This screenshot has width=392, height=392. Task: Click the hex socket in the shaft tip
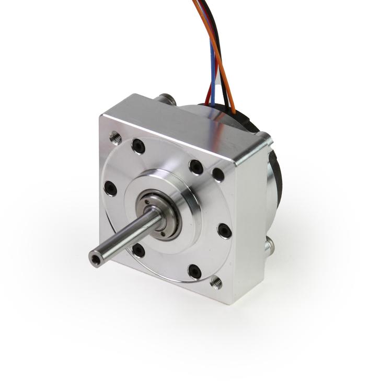pyautogui.click(x=95, y=258)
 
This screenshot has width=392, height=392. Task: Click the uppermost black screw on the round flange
pyautogui.click(x=138, y=146)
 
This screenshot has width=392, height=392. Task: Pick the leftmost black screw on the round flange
pyautogui.click(x=110, y=188)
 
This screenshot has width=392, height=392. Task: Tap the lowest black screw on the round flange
pyautogui.click(x=194, y=271)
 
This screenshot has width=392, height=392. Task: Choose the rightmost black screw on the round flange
pyautogui.click(x=224, y=230)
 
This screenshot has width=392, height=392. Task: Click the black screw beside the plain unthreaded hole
pyautogui.click(x=196, y=167)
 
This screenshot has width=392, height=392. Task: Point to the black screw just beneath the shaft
pyautogui.click(x=139, y=250)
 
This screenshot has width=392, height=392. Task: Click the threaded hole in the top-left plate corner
pyautogui.click(x=116, y=137)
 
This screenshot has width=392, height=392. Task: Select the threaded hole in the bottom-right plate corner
pyautogui.click(x=216, y=283)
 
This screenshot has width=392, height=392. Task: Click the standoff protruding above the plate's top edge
pyautogui.click(x=166, y=99)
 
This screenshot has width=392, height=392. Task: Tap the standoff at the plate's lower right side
pyautogui.click(x=269, y=245)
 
